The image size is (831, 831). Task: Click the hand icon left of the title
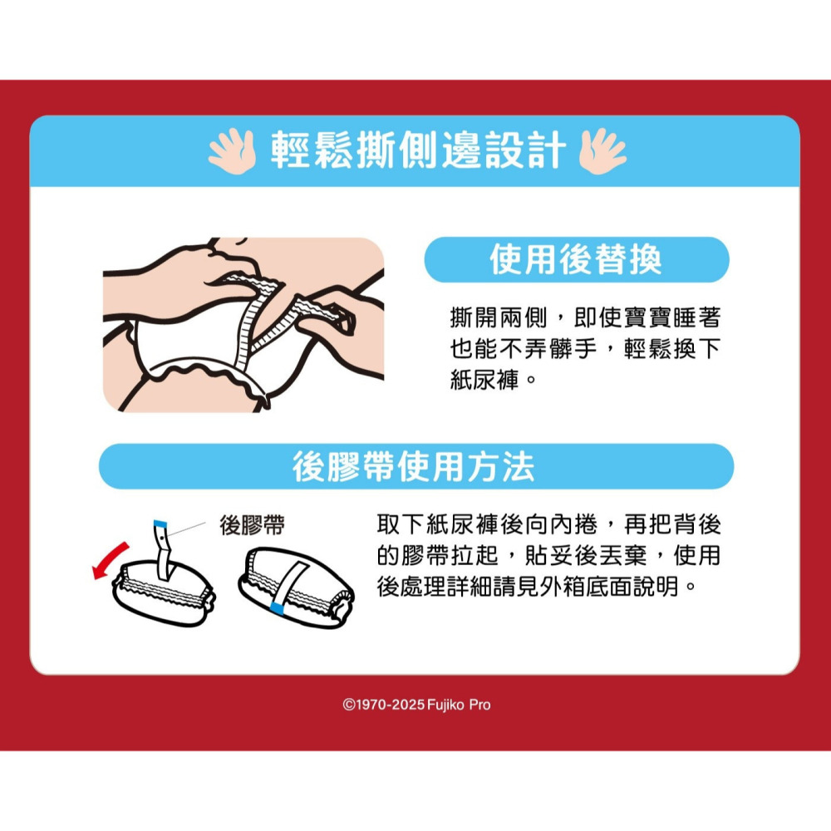[x=233, y=150]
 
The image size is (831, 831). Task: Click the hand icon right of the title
[x=602, y=150]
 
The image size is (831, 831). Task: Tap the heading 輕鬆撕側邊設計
[x=418, y=150]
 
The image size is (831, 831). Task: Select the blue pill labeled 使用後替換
[x=577, y=259]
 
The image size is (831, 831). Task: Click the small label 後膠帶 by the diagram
[x=253, y=524]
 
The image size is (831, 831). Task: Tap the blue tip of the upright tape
[x=160, y=524]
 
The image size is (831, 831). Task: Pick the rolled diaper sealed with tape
[x=297, y=588]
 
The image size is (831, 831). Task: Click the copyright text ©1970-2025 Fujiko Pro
[x=416, y=705]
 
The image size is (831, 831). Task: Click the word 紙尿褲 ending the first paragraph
[x=484, y=380]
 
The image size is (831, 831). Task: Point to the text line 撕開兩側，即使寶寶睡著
[x=585, y=317]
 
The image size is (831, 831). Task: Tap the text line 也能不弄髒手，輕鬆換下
[x=585, y=348]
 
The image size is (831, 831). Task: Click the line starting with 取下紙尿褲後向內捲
[x=549, y=524]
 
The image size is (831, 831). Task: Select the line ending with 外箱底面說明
[x=536, y=587]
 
